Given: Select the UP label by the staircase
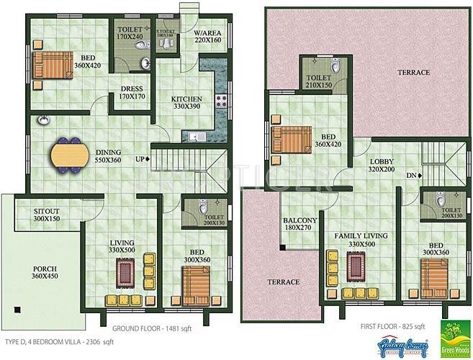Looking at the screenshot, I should click(142, 159).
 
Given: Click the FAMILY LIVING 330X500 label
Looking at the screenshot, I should click(361, 240).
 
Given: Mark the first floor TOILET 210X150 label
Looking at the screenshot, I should click(318, 81).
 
